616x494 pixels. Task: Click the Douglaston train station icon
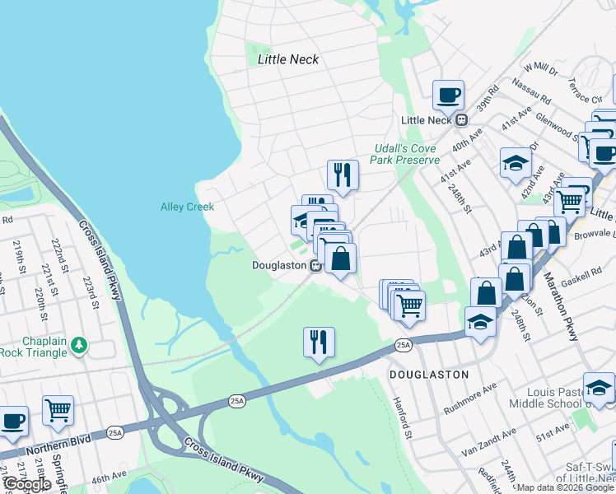(315, 265)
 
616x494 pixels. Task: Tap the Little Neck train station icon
(462, 119)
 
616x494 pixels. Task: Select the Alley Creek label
(187, 207)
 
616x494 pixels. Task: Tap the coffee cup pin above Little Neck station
(449, 95)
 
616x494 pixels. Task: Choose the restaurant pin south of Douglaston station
(319, 341)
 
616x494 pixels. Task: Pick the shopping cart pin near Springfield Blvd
(58, 410)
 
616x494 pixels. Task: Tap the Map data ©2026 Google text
(565, 487)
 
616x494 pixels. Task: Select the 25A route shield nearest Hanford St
(402, 345)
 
